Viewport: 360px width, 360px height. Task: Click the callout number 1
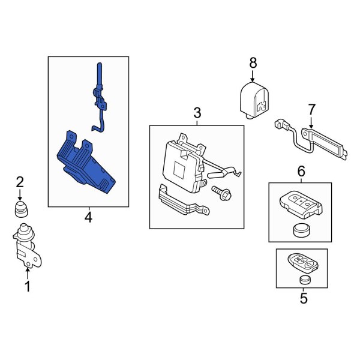pos(28,287)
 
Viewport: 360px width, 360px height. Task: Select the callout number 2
pos(20,183)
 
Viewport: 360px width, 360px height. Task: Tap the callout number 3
pos(197,113)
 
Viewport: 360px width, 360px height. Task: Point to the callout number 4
pos(88,217)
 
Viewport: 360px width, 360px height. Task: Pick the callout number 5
pos(304,298)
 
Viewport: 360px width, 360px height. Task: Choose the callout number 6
pos(301,171)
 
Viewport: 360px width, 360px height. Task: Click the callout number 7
pos(311,110)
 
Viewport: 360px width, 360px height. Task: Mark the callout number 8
pos(253,62)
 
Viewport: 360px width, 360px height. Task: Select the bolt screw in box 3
pos(221,193)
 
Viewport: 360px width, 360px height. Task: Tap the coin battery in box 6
pos(301,230)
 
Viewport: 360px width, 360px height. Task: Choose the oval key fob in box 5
pos(302,263)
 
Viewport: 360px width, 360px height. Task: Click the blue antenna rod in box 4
pos(100,97)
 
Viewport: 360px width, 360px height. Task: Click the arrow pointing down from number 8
pos(253,76)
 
